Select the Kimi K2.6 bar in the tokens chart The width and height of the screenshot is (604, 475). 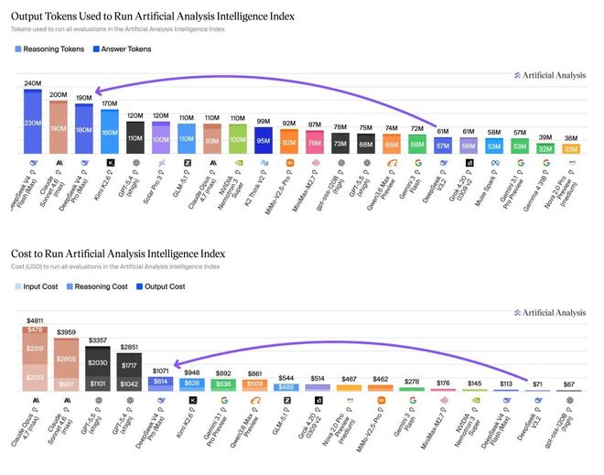109,131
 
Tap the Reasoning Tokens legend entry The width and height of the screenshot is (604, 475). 49,49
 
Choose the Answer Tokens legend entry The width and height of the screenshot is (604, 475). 126,49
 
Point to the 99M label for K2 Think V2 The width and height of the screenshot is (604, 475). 264,121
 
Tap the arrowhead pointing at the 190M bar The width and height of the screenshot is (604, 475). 95,90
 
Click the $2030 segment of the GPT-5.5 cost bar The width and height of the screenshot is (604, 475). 98,362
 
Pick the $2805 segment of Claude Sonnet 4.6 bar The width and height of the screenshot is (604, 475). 67,360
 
